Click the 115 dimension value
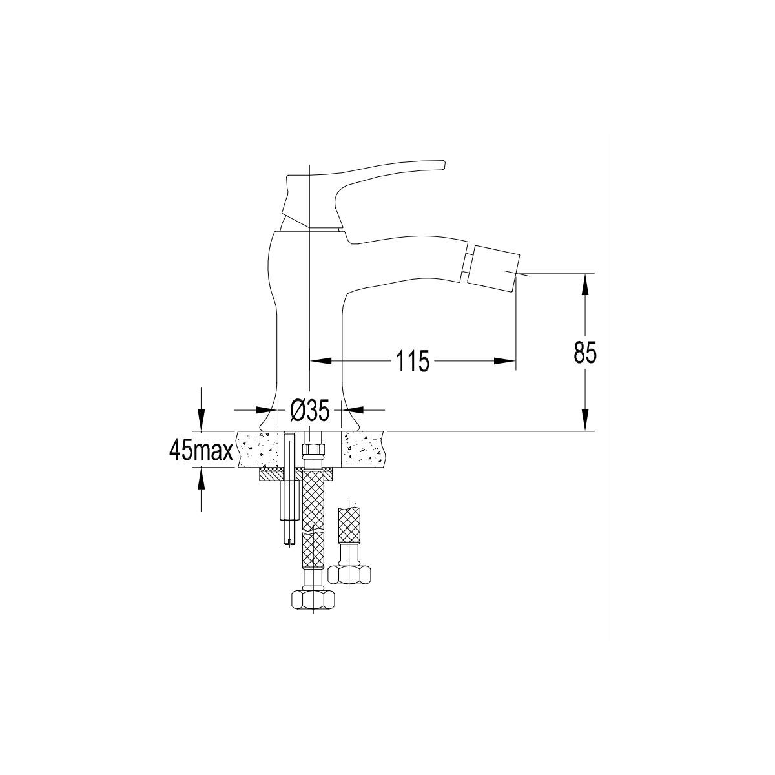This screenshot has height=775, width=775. coord(413,361)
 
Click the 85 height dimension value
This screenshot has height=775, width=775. coord(584,353)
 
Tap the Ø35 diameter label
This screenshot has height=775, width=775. coord(309,411)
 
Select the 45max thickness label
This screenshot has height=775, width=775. coord(201,449)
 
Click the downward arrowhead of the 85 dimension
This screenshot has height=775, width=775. coord(585,420)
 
